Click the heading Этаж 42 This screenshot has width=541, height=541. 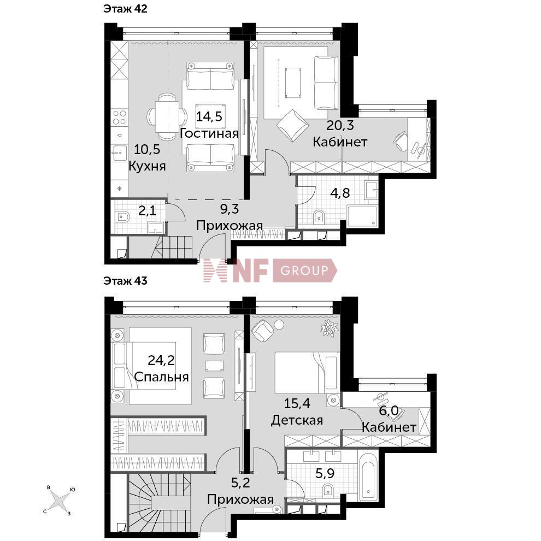pos(125,9)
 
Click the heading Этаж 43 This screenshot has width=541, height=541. pos(125,281)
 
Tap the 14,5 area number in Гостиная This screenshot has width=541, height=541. pos(209,116)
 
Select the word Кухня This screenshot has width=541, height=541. pos(148,166)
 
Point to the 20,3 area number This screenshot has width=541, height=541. pos(340,125)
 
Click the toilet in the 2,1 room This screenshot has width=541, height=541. pos(123,217)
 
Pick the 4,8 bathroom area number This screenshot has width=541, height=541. pos(340,193)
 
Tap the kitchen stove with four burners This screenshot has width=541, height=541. pos(119,117)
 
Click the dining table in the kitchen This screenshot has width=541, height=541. pos(167,117)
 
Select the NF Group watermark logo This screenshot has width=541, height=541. pos(270,270)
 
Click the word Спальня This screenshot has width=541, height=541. pos(161,377)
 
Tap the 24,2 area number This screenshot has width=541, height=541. pos(161,360)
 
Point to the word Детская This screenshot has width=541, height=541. pos(297,420)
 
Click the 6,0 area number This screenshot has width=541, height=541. pos(389,410)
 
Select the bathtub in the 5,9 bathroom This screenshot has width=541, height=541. pos(368,477)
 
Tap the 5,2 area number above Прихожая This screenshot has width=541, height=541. pos(240,483)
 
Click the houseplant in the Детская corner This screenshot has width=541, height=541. pos(329,327)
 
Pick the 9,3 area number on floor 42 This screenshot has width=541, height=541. pos(230,209)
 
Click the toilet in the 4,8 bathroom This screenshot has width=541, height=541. pos(319,217)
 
